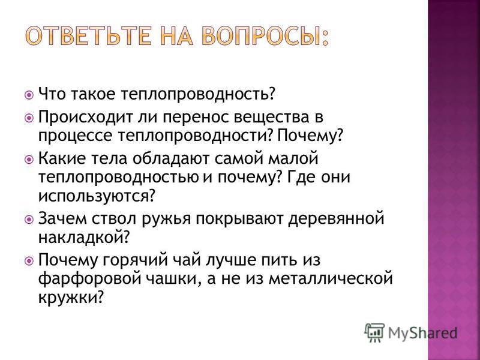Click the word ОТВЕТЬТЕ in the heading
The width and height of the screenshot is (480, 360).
(x=88, y=36)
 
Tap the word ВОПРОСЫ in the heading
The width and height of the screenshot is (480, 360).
(x=262, y=36)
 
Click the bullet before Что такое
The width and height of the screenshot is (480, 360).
(x=29, y=95)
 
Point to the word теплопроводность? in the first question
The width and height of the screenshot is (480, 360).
(x=197, y=94)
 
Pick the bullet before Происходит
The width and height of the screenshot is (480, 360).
(x=29, y=118)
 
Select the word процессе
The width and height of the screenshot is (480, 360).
(x=76, y=136)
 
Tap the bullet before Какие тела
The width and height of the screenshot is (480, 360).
(x=29, y=160)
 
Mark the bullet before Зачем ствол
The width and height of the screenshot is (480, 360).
(x=29, y=220)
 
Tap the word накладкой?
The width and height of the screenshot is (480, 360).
(x=83, y=237)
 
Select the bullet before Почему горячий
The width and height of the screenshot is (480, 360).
(x=29, y=261)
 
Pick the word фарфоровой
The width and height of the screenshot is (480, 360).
(x=89, y=279)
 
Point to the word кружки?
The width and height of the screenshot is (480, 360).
(x=70, y=297)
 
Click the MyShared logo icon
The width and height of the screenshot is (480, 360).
(x=374, y=332)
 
